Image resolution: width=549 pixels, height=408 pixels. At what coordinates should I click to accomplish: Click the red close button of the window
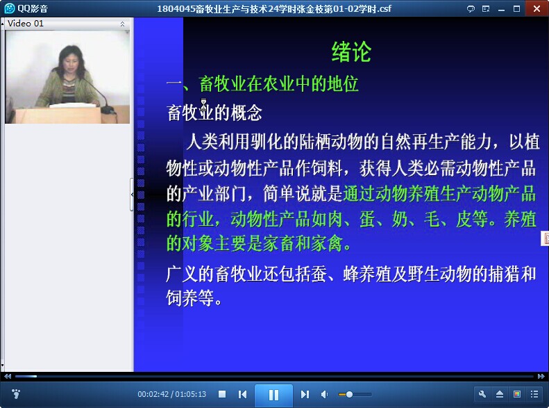pos(537,8)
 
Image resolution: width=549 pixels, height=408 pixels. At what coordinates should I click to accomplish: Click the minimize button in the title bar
pos(501,9)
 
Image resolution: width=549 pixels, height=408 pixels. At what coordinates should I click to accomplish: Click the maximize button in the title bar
pos(517,9)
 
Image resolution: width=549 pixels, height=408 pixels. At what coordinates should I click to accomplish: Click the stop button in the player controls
pos(222,394)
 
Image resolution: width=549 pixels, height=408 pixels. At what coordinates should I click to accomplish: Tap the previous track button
pos(242,394)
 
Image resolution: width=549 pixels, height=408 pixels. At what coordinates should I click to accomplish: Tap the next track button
pos(305,394)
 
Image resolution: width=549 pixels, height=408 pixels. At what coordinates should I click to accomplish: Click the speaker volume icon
pos(324,394)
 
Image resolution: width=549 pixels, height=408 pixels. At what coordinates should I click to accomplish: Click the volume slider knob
pos(349,394)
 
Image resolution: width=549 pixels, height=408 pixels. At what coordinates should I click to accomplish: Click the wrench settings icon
pos(482,394)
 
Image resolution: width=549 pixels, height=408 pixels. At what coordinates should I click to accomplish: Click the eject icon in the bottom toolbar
pos(500,394)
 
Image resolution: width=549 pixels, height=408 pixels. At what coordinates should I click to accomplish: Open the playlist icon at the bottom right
pos(534,394)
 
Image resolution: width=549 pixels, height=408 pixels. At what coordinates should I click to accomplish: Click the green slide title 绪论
pos(351,52)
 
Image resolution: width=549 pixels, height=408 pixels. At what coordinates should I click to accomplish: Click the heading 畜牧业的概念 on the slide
pos(214,113)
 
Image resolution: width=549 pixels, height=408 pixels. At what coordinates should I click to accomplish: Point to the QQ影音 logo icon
pos(9,8)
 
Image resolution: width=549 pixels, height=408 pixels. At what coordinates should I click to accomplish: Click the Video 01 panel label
pos(26,24)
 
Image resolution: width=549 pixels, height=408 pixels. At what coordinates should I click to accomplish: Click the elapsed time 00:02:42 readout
pos(153,394)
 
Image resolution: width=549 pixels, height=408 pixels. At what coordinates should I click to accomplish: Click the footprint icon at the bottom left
pos(16,394)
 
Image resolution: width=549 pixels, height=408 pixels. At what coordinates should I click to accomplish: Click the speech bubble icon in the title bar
pos(471,9)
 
